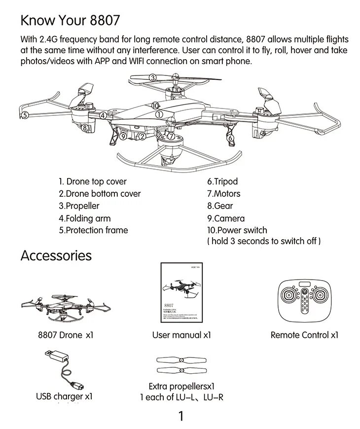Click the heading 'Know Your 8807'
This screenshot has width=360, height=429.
coord(70,21)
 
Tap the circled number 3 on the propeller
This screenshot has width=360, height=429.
coord(153,77)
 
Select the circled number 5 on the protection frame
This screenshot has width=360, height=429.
coord(23,115)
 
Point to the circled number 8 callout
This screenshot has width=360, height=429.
coord(85,128)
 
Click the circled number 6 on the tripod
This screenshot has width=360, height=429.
coord(230,138)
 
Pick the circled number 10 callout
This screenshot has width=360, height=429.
coord(155,106)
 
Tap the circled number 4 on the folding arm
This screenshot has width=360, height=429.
coord(103,115)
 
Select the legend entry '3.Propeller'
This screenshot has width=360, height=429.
coord(79,206)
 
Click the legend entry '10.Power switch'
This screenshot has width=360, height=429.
coord(237,230)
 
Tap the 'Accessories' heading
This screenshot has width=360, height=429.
coord(56,255)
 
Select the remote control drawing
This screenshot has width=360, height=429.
coord(304,301)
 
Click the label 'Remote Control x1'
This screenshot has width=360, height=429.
coord(304,335)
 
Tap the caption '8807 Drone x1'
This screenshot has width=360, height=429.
coord(66,335)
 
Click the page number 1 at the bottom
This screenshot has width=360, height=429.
coord(180,416)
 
